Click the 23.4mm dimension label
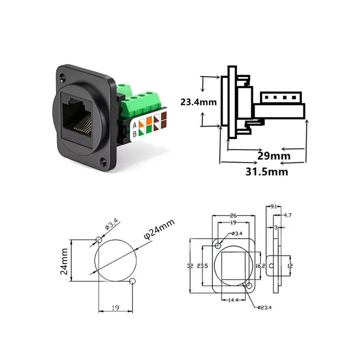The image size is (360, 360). click(199, 102)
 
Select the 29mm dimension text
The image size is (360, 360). click(274, 156)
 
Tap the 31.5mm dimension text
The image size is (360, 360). click(267, 172)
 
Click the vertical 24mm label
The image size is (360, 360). click(64, 261)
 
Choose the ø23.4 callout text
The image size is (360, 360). click(264, 307)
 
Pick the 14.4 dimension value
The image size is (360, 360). click(233, 300)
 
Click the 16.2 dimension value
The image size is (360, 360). click(260, 266)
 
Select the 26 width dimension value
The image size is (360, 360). click(233, 216)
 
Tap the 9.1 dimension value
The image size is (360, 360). click(273, 207)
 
